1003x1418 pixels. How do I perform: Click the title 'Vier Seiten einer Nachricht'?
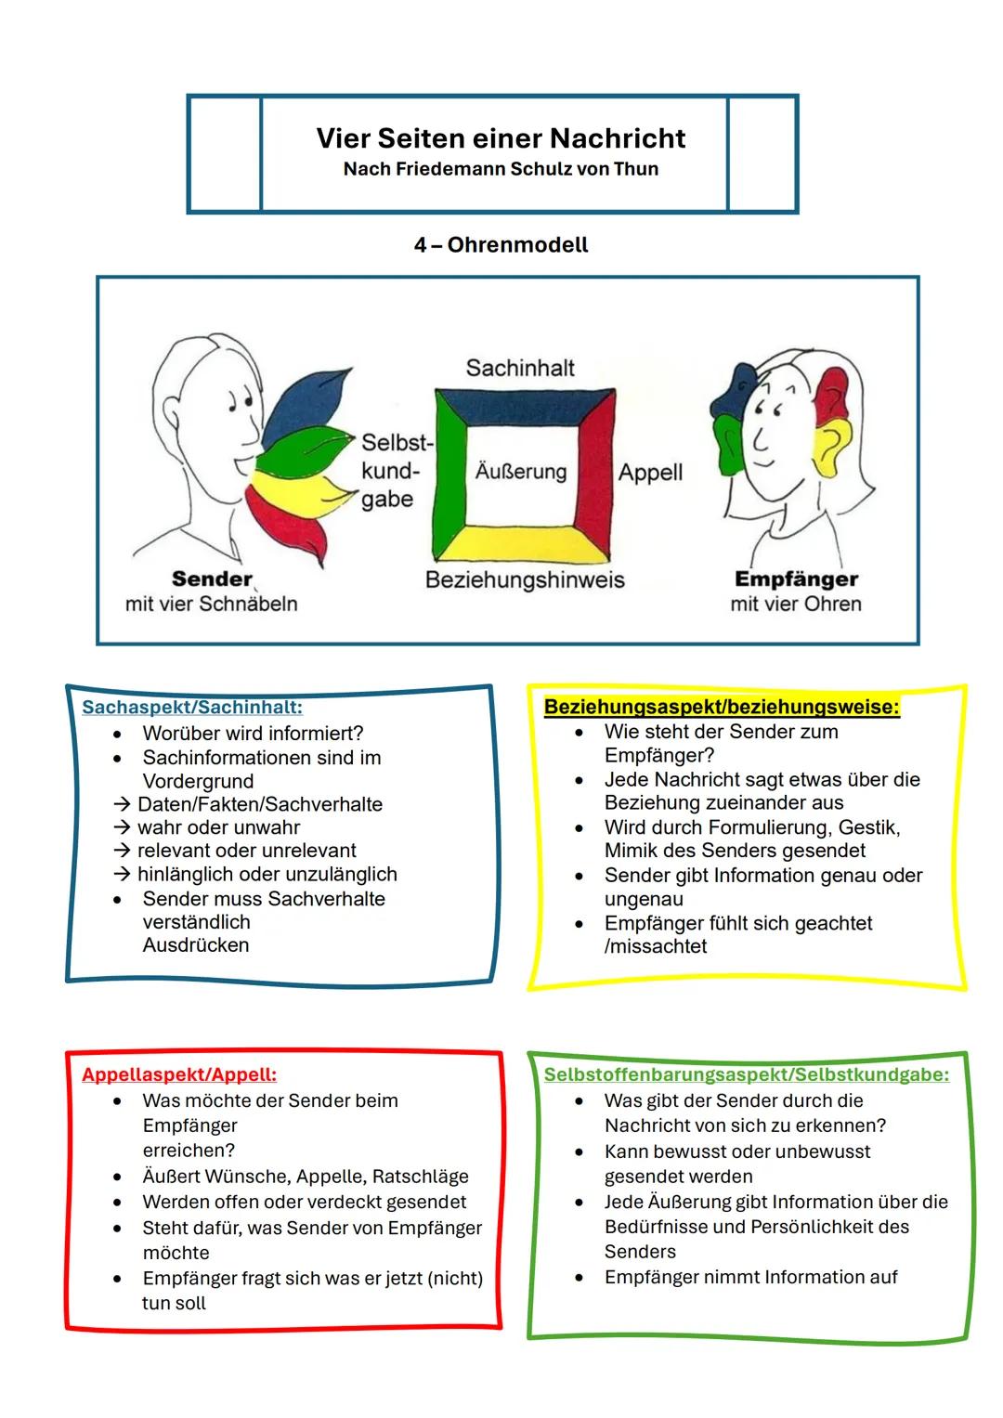(501, 138)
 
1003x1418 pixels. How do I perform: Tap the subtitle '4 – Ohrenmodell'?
(501, 245)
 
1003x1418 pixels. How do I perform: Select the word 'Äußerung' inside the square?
(520, 472)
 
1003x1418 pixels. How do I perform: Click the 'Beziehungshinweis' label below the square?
(525, 580)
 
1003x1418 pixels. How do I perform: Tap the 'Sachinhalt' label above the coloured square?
(520, 368)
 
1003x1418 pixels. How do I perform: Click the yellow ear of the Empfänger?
(833, 441)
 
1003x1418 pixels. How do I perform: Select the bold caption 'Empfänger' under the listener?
(796, 579)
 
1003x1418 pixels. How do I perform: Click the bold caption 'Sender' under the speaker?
(212, 579)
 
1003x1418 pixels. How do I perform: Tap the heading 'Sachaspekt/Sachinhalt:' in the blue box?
(192, 708)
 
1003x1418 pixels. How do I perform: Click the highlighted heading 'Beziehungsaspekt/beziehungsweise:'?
(722, 708)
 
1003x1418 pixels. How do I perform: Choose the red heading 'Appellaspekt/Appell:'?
(179, 1075)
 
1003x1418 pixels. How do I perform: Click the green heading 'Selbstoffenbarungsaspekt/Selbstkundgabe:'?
(747, 1075)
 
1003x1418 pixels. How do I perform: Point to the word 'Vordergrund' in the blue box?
(198, 781)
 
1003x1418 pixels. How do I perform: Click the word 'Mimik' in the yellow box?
(631, 851)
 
